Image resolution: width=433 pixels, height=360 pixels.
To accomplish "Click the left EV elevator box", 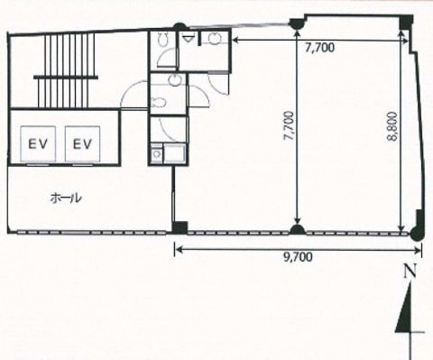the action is [38, 143].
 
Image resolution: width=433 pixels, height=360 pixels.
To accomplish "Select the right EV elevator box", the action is [82, 143].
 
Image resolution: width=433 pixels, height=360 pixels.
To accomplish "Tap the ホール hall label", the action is [66, 198].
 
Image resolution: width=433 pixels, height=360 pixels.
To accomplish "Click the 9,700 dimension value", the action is [298, 257].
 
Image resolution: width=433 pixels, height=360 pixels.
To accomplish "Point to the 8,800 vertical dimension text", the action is [392, 126].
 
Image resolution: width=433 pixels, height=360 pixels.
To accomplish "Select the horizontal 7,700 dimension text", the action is [319, 48].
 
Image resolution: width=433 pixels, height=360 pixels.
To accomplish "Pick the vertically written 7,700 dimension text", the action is [289, 126].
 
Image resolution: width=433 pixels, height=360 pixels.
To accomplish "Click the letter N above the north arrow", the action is [410, 272].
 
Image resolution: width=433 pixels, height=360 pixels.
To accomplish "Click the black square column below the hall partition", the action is [180, 227].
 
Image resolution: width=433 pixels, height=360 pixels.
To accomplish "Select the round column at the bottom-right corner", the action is [417, 234].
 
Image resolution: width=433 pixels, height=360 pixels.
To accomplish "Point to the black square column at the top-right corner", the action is [406, 23].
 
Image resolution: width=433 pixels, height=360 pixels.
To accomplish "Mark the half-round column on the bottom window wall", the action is [297, 230].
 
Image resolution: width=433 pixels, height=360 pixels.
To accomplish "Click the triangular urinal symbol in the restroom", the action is [188, 38].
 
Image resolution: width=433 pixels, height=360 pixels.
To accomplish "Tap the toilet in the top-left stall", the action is [163, 40].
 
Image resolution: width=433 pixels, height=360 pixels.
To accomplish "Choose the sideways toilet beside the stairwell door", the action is [159, 103].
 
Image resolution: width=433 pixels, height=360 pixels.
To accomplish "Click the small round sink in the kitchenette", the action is [156, 154].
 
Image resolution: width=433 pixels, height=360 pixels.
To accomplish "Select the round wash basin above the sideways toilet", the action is [173, 79].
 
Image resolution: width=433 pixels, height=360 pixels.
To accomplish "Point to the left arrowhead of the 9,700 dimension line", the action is [178, 249].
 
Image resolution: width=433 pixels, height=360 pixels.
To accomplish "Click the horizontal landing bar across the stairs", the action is [66, 78].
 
